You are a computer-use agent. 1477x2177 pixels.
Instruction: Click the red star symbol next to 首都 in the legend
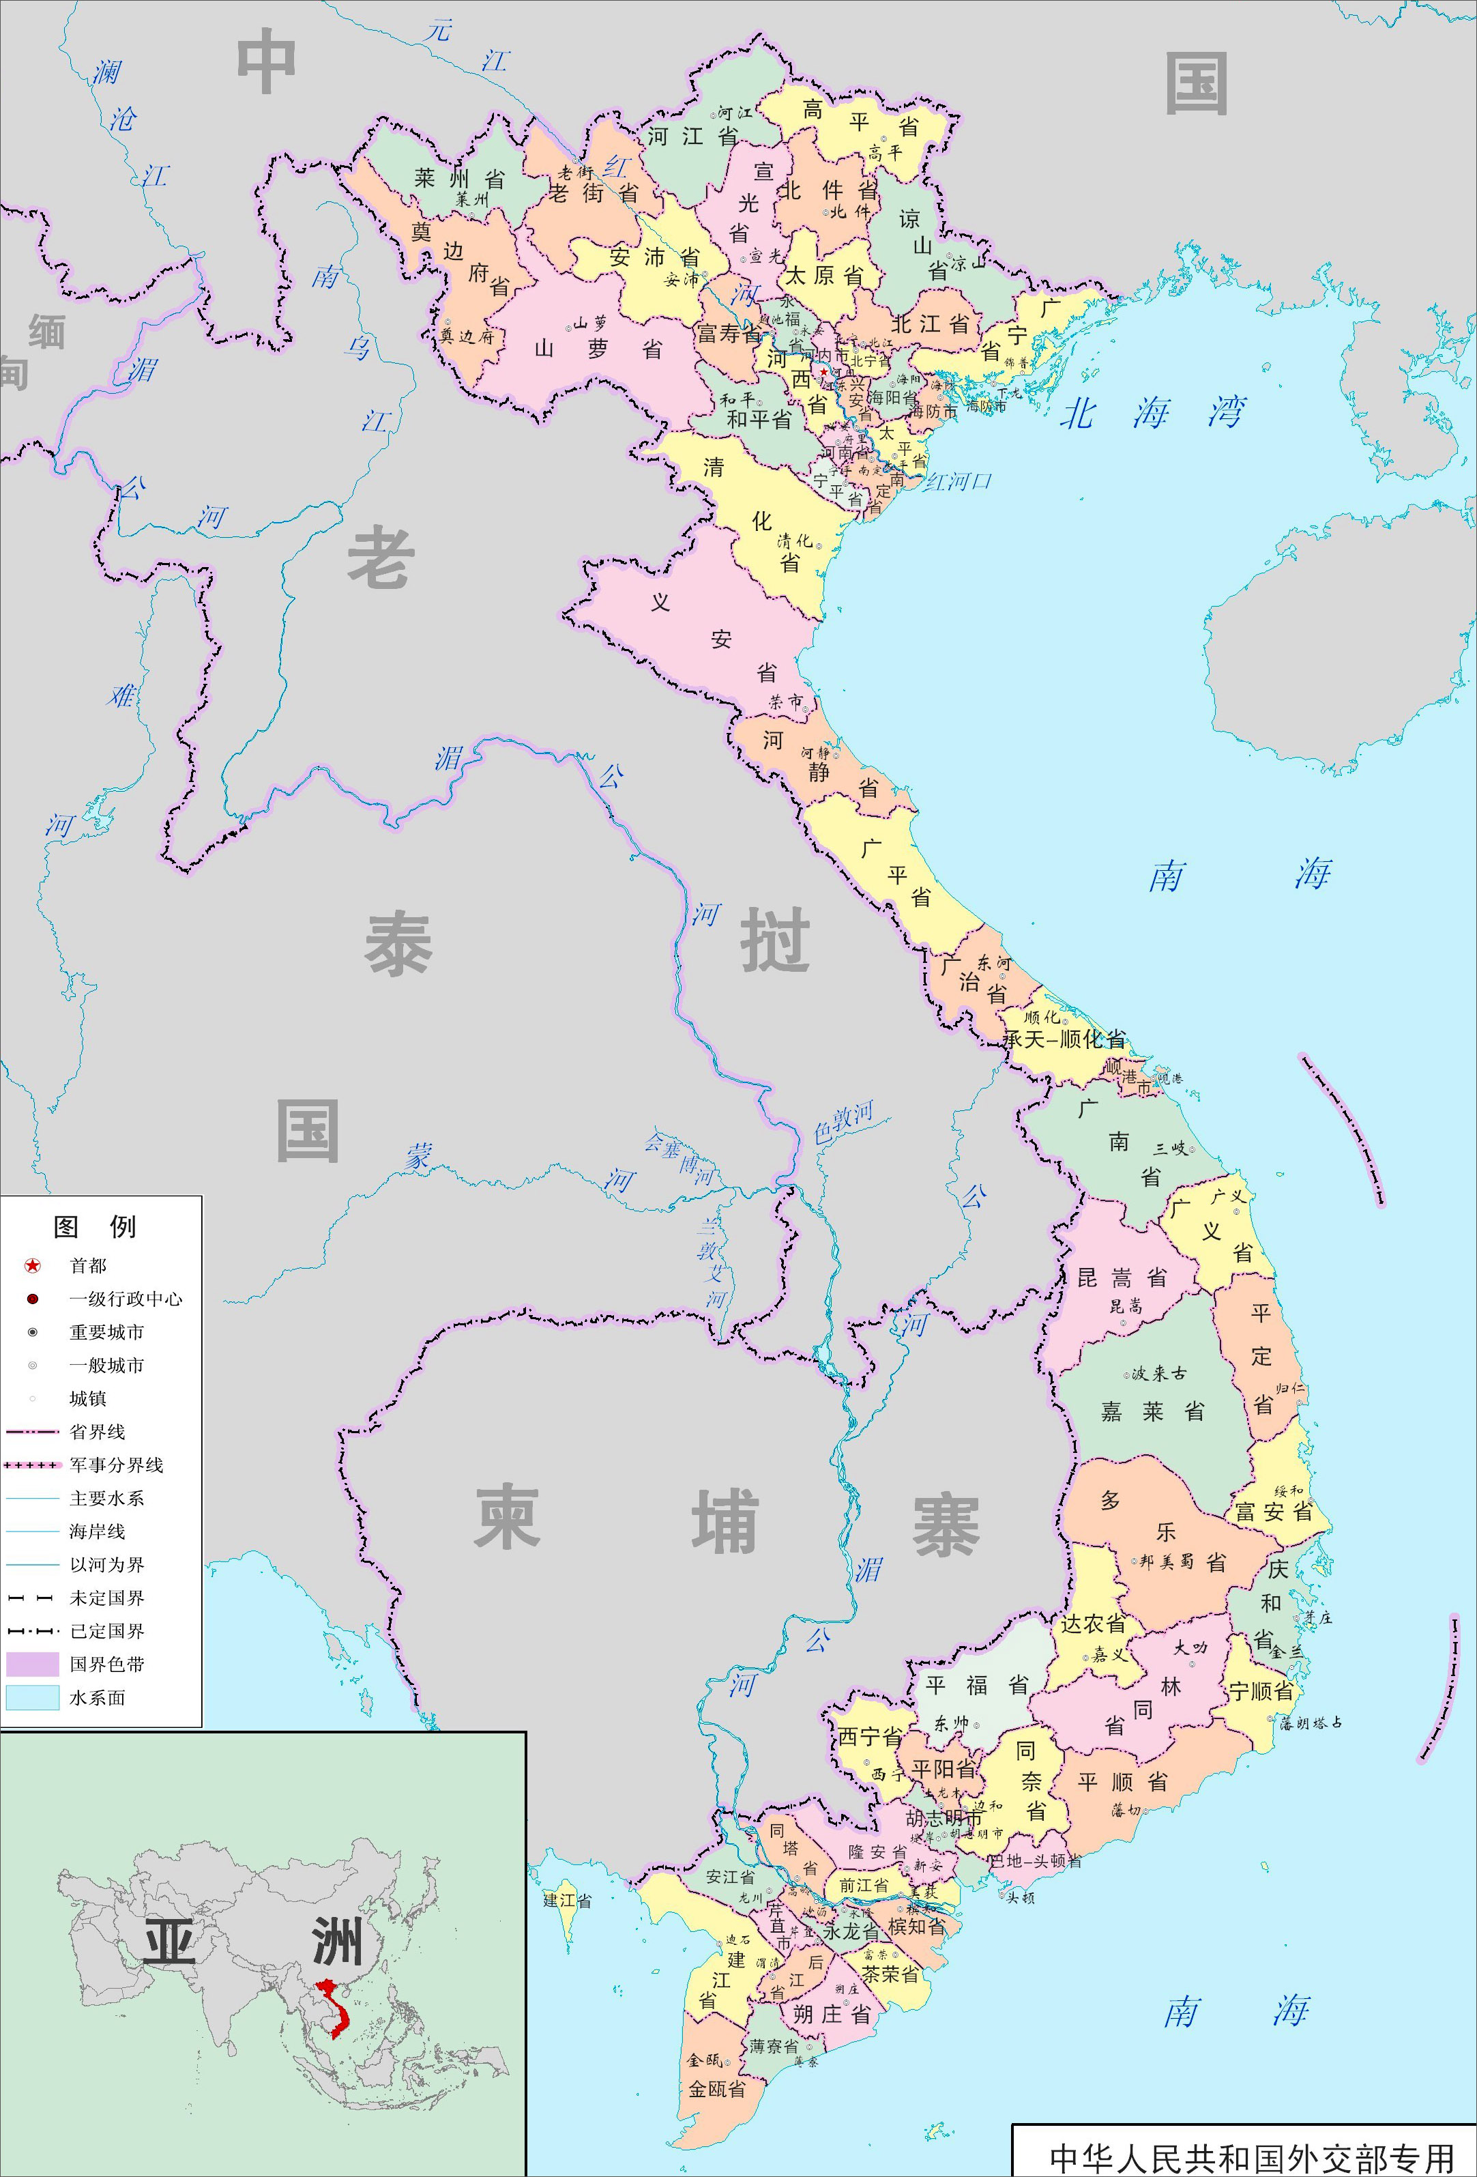click(x=33, y=1265)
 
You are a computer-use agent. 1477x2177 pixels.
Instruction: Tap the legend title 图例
click(x=95, y=1226)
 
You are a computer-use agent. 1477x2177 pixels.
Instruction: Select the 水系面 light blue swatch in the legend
click(x=32, y=1697)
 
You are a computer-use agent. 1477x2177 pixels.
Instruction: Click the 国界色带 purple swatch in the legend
click(x=32, y=1664)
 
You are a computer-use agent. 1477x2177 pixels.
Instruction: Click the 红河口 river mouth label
click(x=957, y=482)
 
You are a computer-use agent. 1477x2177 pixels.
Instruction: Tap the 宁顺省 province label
click(x=1261, y=1691)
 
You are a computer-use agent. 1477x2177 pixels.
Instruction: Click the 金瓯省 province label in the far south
click(x=718, y=2089)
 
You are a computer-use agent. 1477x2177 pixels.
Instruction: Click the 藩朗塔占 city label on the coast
click(x=1311, y=1722)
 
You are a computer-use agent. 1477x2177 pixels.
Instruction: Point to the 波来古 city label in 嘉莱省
click(x=1158, y=1373)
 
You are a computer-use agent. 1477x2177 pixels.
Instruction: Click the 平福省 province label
click(x=977, y=1685)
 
